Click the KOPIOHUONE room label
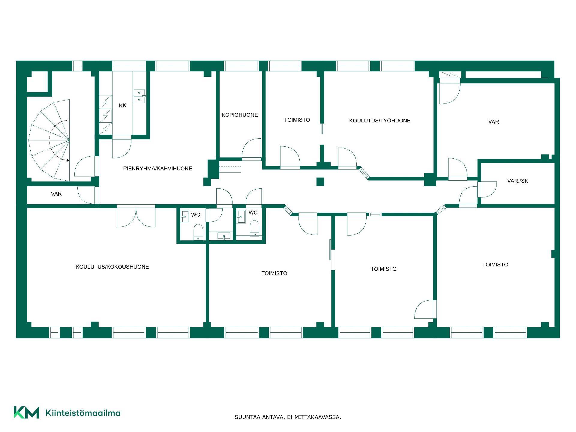pyautogui.click(x=240, y=115)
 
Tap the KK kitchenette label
pyautogui.click(x=122, y=105)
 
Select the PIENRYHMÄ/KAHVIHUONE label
pyautogui.click(x=157, y=169)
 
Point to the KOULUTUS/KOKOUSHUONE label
pyautogui.click(x=112, y=267)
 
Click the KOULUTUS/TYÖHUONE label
pyautogui.click(x=380, y=121)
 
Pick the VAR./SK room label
pyautogui.click(x=517, y=181)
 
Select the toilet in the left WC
pyautogui.click(x=198, y=232)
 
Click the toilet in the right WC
pyautogui.click(x=254, y=228)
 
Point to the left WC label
pyautogui.click(x=196, y=215)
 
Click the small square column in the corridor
pyautogui.click(x=320, y=182)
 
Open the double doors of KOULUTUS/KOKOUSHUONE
pyautogui.click(x=136, y=216)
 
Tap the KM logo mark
pyautogui.click(x=26, y=412)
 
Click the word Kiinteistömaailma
pyautogui.click(x=83, y=413)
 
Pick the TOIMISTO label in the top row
pyautogui.click(x=297, y=120)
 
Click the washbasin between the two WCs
pyautogui.click(x=224, y=236)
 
